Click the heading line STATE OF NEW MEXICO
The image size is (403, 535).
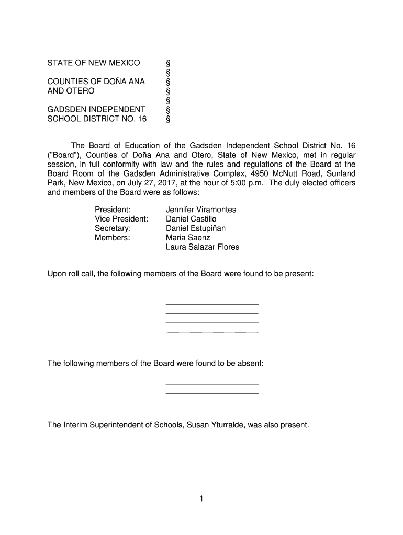[94, 63]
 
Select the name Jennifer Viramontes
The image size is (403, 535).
[201, 210]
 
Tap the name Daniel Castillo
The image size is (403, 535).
[191, 219]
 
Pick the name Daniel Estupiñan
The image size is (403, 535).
[196, 228]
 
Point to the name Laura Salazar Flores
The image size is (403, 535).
[202, 247]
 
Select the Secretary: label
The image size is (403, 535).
[113, 228]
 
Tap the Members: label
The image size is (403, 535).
[112, 238]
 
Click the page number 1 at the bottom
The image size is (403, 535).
[201, 499]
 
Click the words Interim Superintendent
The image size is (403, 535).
[109, 425]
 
